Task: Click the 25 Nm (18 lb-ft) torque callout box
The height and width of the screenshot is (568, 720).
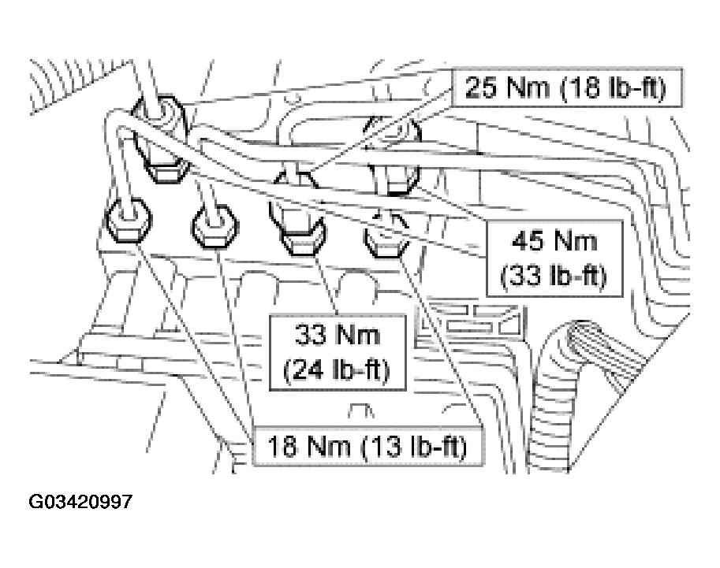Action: tap(567, 87)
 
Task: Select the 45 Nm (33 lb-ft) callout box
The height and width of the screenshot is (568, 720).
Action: tap(554, 258)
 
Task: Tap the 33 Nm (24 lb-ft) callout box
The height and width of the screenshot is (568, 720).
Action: tap(338, 352)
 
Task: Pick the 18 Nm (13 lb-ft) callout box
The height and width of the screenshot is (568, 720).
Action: tap(367, 447)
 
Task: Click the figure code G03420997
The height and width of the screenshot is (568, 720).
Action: tap(80, 502)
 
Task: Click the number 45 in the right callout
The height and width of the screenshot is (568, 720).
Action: tap(527, 241)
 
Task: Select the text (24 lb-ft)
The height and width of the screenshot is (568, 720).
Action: tap(337, 370)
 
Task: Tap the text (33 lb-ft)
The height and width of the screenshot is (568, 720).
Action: tap(554, 277)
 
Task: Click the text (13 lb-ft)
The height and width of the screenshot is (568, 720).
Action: tap(414, 447)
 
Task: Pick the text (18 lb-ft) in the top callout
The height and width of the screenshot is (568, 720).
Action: tap(613, 87)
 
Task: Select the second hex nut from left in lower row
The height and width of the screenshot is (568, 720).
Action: tap(215, 226)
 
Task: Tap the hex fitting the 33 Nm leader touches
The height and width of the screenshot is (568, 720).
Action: tap(300, 232)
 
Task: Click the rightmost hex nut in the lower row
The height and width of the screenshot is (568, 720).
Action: tap(386, 236)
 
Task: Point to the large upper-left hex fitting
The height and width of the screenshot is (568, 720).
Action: tap(159, 138)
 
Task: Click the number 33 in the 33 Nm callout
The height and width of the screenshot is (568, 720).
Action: tap(311, 335)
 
